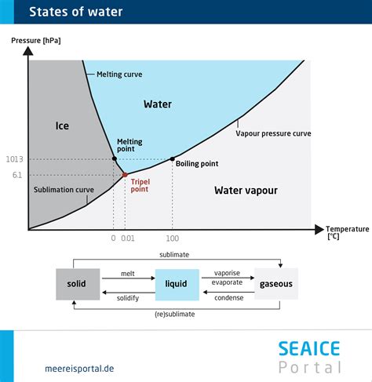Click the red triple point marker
coord(125,175)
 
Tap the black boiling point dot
coord(172,159)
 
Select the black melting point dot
coord(114,159)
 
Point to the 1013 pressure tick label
coord(14,159)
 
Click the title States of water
coord(75,12)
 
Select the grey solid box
coord(77,284)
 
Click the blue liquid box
coord(177,284)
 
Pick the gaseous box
coord(276,284)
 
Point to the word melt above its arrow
coord(128,273)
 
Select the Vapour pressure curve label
coord(273,133)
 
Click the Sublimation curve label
coord(64,190)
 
